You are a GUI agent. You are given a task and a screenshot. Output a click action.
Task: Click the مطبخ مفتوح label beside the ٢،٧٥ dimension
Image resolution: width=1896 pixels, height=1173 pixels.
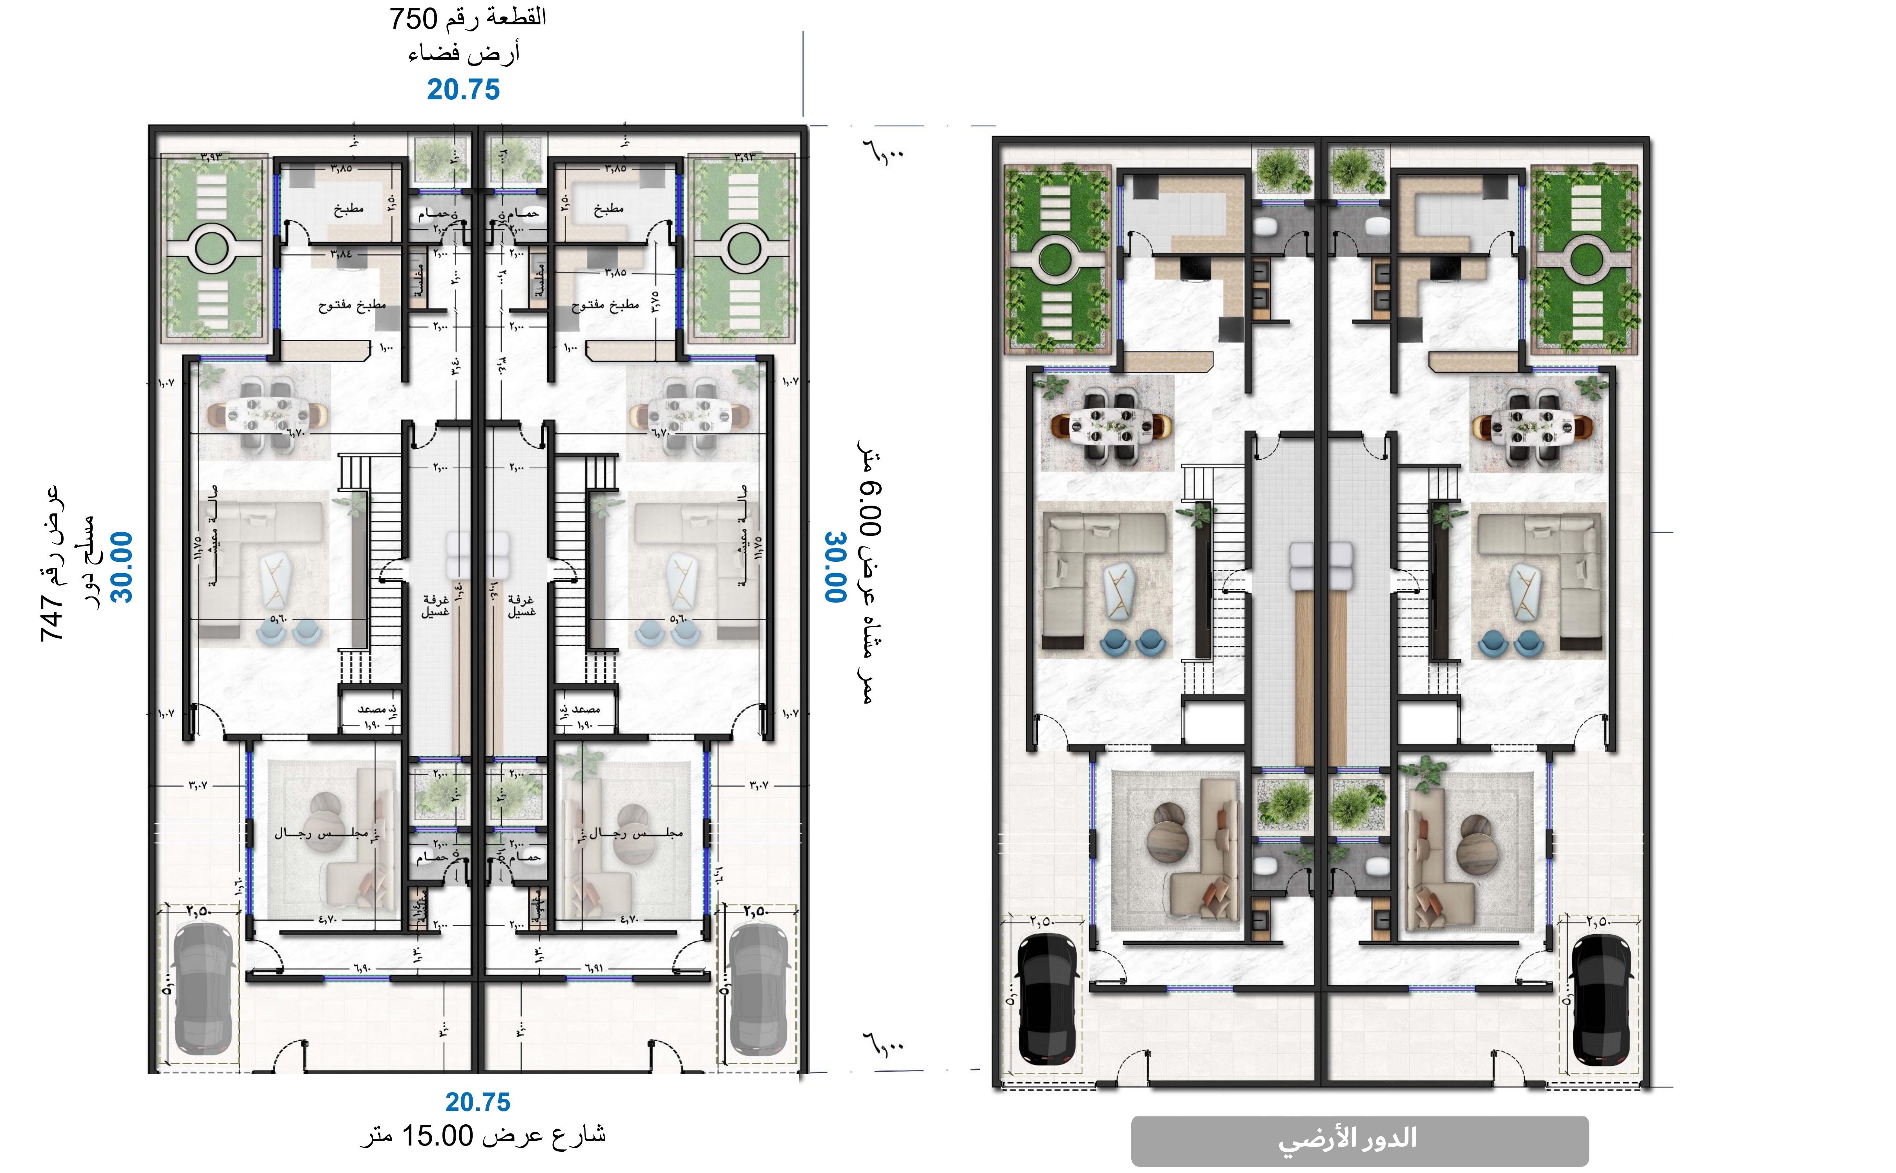605,305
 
